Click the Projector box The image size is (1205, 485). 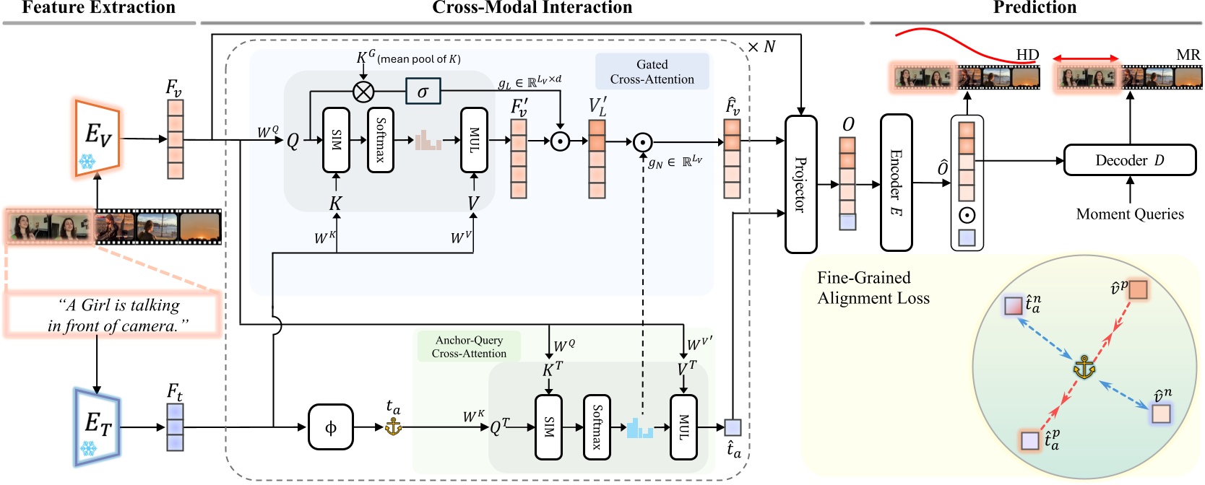coord(800,184)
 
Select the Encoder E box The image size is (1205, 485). coord(896,183)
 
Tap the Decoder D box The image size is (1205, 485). coord(1129,160)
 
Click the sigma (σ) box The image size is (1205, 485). coord(423,92)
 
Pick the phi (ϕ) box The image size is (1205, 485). coord(331,427)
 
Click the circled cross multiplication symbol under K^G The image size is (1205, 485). coord(363,92)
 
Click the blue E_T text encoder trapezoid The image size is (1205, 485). coord(97,426)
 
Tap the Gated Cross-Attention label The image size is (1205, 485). coord(652,72)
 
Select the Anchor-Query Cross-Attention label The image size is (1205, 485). coord(469,346)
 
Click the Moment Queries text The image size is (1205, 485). coord(1129,214)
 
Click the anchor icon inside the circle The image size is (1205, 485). coord(1084,367)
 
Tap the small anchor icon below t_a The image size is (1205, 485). coord(393,427)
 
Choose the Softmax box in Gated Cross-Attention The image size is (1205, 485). coord(381,140)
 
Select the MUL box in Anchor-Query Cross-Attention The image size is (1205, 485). coord(683,427)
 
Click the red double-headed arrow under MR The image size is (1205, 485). coord(1085,58)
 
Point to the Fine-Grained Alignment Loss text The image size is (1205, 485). coord(873,288)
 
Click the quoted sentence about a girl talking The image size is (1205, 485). coord(113,315)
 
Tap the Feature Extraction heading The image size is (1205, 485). coord(99,8)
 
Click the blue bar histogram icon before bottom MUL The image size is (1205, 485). coord(639,428)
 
